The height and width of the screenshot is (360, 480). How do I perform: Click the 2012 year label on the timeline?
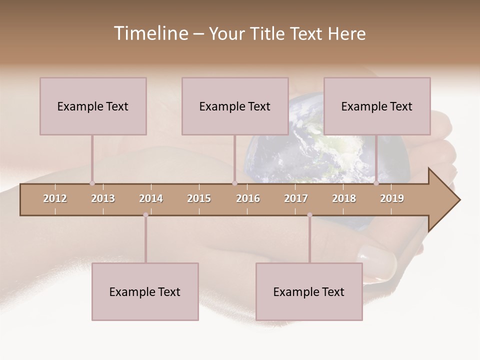(x=55, y=198)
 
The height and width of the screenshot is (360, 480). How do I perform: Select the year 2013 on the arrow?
(x=103, y=198)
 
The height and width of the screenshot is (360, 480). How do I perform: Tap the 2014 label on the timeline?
(x=151, y=198)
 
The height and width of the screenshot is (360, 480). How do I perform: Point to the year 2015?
(x=199, y=198)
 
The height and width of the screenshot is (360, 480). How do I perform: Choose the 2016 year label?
(x=248, y=198)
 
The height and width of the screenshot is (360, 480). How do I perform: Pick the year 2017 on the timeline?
(x=296, y=198)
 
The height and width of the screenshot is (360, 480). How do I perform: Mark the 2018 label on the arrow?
(x=344, y=198)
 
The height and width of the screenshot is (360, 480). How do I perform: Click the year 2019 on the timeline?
(x=392, y=198)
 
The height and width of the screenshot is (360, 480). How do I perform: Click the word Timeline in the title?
(x=150, y=33)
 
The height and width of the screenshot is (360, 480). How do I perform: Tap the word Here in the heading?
(x=347, y=34)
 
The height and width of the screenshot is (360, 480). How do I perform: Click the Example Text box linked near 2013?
(x=93, y=106)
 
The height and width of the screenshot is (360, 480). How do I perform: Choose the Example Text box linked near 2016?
(x=235, y=106)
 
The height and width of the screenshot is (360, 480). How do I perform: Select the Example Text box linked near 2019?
(x=377, y=106)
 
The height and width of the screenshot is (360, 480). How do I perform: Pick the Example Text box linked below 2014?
(x=145, y=291)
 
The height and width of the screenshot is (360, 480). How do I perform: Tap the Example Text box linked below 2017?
(x=309, y=291)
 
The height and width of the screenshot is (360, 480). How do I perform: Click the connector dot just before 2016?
(x=234, y=183)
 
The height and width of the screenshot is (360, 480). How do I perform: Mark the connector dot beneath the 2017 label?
(x=309, y=215)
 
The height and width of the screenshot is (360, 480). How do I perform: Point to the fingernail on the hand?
(x=376, y=258)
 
